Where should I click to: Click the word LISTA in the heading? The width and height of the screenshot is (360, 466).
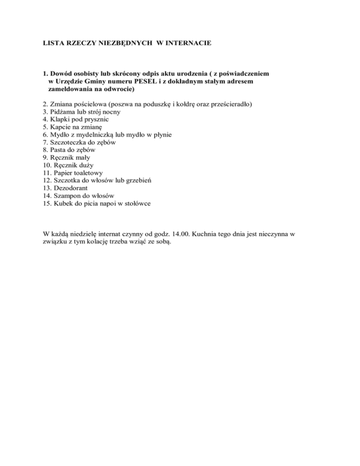coord(48,44)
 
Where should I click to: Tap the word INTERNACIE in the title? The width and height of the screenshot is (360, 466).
coord(191,44)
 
